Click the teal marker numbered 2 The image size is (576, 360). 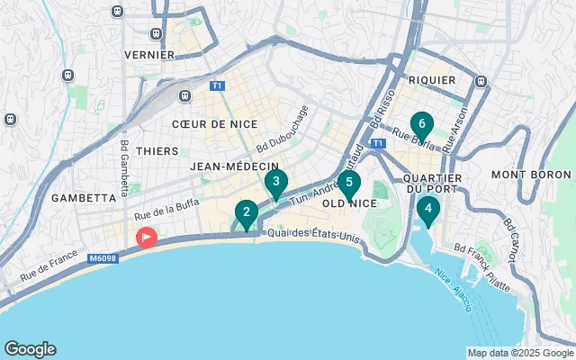click(x=244, y=214)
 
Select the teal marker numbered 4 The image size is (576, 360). click(x=428, y=211)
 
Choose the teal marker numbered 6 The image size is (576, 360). click(x=421, y=125)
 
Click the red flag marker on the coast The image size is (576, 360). click(x=146, y=237)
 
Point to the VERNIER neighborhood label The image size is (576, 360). click(x=148, y=55)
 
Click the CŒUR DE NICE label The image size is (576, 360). click(x=214, y=124)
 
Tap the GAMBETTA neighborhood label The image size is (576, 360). click(x=85, y=197)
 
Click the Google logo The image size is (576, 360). click(x=30, y=349)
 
